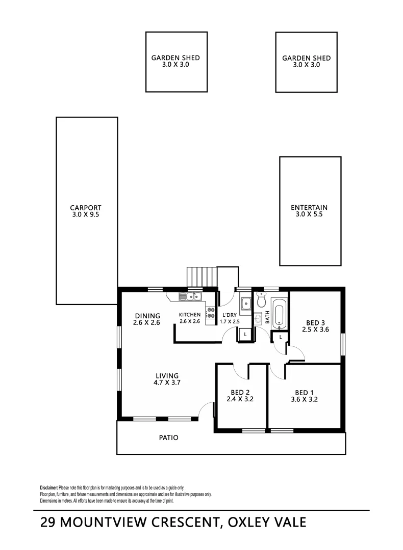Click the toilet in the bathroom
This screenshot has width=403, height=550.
coord(262,301)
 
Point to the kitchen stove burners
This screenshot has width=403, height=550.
coord(210,316)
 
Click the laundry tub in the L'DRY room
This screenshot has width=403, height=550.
coord(245,304)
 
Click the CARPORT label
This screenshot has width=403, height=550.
coord(86,208)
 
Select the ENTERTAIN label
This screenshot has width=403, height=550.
coord(309,208)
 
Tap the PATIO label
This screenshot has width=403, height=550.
coord(168,437)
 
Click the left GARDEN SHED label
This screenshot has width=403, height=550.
coord(175,58)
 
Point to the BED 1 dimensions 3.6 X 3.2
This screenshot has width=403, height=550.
coord(305,399)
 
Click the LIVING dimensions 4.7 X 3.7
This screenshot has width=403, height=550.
coord(168,382)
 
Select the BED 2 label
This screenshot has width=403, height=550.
coord(240,392)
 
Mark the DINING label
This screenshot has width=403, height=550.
coord(147,316)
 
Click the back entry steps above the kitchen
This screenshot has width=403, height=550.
coord(202,277)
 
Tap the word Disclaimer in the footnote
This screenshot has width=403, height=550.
coord(49,487)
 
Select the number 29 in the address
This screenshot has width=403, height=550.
coord(49,522)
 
